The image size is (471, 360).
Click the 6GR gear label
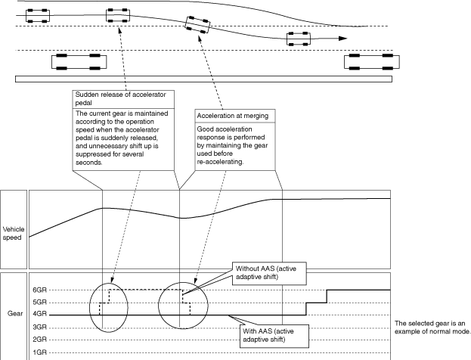click(39, 290)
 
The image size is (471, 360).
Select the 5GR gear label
click(39, 303)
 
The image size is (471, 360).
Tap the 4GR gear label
click(39, 314)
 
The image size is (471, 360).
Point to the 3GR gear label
click(39, 327)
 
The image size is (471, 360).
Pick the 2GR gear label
click(39, 340)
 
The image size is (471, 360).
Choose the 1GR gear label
click(39, 352)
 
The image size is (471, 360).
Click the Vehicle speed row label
click(13, 234)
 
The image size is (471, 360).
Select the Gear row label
click(15, 313)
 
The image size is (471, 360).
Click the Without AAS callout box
click(269, 273)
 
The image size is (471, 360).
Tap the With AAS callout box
click(274, 336)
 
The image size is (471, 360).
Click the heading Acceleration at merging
click(233, 116)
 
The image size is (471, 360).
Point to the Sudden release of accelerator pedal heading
click(120, 98)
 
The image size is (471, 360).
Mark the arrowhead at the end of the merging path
click(343, 39)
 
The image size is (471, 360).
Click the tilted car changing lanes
click(197, 25)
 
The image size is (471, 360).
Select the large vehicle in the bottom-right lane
click(372, 62)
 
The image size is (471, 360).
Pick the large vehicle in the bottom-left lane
click(79, 62)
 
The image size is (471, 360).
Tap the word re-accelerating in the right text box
click(220, 162)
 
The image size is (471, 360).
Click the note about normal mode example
click(432, 327)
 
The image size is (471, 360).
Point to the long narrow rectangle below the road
click(203, 79)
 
